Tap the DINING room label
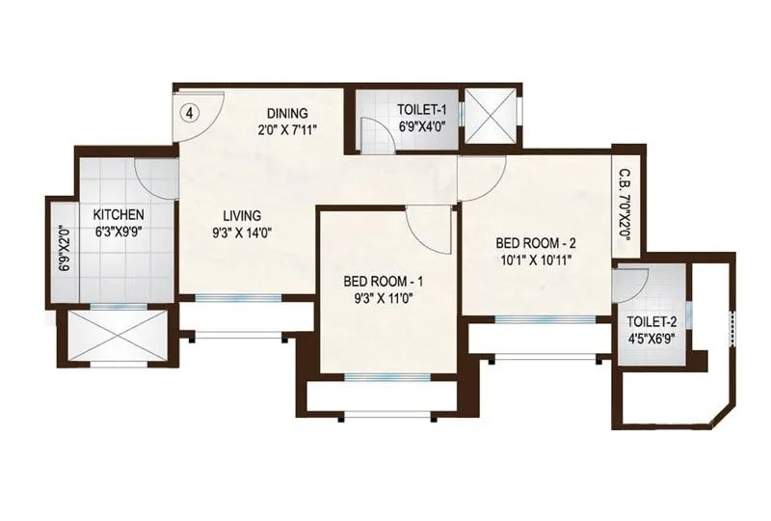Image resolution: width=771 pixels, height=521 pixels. pyautogui.click(x=287, y=113)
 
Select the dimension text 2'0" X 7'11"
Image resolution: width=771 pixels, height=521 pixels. pyautogui.click(x=287, y=129)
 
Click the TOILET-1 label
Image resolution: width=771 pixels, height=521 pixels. pyautogui.click(x=422, y=109)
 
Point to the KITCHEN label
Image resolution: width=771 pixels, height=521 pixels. pyautogui.click(x=119, y=215)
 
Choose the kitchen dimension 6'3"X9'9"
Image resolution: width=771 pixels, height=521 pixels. pyautogui.click(x=119, y=232)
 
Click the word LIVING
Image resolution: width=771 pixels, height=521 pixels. pyautogui.click(x=242, y=216)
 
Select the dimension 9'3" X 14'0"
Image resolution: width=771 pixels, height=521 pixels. pyautogui.click(x=242, y=233)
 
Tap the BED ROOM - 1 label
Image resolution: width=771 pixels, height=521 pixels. pyautogui.click(x=383, y=282)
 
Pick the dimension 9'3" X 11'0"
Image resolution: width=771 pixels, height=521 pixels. pyautogui.click(x=383, y=298)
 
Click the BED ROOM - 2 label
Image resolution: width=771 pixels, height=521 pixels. pyautogui.click(x=536, y=243)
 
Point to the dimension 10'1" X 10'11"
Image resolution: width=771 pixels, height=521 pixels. pyautogui.click(x=536, y=260)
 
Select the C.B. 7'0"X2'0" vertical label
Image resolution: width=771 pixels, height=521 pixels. pyautogui.click(x=625, y=205)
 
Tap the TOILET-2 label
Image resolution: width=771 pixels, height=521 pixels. pyautogui.click(x=651, y=322)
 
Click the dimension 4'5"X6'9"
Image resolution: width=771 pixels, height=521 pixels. pyautogui.click(x=651, y=339)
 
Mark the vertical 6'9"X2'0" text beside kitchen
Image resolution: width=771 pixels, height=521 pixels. pyautogui.click(x=63, y=249)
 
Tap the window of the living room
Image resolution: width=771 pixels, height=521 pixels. pyautogui.click(x=239, y=297)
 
